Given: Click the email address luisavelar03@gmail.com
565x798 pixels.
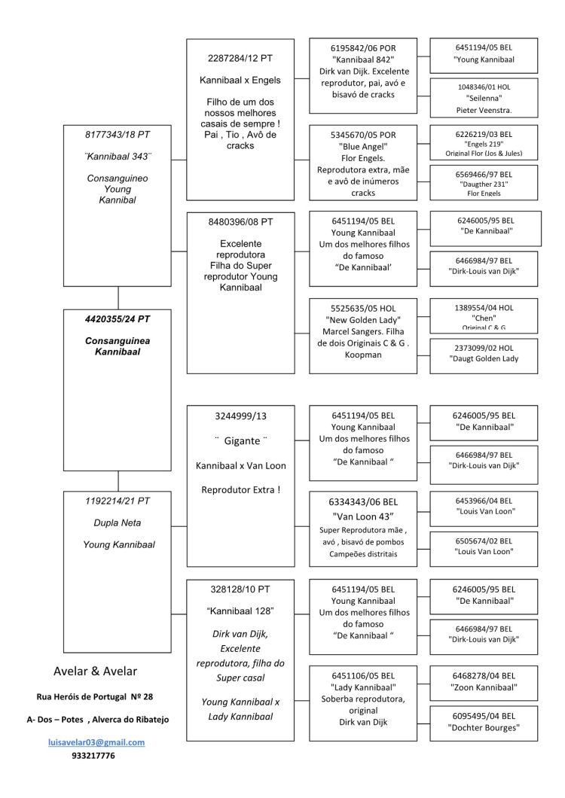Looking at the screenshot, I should coord(96,742).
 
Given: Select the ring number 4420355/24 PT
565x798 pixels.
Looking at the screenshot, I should coord(117,319).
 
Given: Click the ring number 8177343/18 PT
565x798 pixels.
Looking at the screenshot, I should coord(117,133).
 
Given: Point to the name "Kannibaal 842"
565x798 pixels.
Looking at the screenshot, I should coord(362,59).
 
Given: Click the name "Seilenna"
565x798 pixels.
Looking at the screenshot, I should coord(484,98).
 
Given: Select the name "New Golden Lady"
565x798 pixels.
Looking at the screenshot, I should coord(362,320).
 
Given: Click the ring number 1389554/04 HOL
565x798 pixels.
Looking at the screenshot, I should coord(484,306).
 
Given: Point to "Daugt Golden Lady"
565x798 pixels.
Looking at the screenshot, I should coord(484,358).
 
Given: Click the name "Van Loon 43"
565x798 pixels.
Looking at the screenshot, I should coord(362,516).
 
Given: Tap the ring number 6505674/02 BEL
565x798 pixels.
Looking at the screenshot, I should coord(484,540).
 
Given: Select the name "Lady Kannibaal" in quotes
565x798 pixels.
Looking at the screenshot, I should coord(362,687).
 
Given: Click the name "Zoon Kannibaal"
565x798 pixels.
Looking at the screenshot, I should coord(484,687).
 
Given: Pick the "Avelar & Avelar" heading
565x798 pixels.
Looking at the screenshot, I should coord(95,671).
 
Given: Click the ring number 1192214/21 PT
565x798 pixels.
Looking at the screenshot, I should coord(117,501).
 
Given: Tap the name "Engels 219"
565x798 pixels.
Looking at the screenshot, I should coord(484,143).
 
